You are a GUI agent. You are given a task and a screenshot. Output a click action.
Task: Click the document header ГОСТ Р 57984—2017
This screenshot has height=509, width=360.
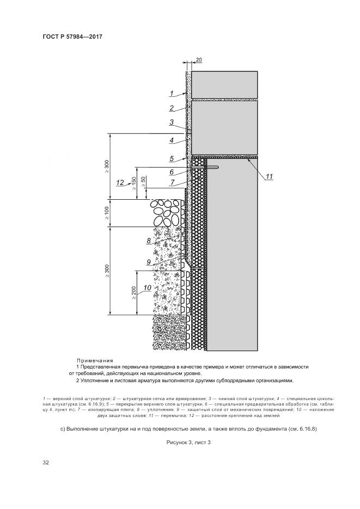tap(72, 37)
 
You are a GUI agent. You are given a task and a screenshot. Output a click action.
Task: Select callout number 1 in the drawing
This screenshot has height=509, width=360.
tap(171, 93)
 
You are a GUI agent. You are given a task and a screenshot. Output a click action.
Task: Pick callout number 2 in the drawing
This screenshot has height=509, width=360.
tap(171, 108)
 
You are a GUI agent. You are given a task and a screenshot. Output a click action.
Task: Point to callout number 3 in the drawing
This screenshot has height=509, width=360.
tap(171, 122)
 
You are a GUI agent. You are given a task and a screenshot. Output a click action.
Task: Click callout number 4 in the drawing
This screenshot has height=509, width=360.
tap(171, 140)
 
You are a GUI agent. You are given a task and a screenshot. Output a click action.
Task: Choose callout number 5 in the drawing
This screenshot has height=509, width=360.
tap(171, 159)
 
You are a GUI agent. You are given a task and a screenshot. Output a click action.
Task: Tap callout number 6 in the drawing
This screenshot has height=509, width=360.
tap(171, 171)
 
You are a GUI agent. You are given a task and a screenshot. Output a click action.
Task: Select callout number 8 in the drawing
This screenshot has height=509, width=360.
tap(149, 240)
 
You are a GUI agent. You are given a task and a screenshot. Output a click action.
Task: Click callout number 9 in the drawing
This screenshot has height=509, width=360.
tap(149, 261)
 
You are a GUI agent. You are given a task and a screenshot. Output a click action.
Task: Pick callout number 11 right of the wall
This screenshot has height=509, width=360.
tap(270, 176)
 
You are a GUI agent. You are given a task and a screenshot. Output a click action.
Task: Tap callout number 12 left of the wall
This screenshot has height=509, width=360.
tap(121, 182)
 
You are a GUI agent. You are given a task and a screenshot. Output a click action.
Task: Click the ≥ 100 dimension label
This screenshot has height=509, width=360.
tap(107, 213)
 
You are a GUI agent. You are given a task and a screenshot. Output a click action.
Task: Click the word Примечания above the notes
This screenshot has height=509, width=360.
tap(95, 360)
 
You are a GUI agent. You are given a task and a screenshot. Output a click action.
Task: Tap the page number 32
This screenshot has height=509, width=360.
tap(46, 463)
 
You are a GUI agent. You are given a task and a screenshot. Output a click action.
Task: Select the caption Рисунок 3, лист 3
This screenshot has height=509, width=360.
tap(188, 442)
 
